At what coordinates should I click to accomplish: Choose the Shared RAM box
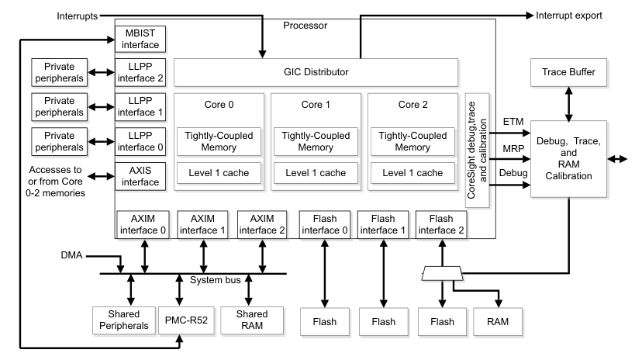coord(248,319)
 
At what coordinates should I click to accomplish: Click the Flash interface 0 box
coord(322,224)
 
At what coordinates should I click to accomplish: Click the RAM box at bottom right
coord(498,319)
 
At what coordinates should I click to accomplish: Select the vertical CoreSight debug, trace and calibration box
coord(476,150)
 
